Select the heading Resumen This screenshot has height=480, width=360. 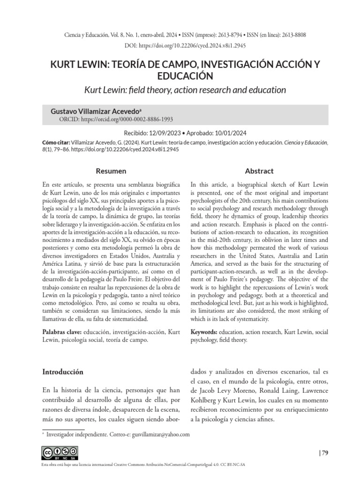click(111, 171)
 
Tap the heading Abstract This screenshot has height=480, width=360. click(259, 171)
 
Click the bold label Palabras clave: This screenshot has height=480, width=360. click(61, 331)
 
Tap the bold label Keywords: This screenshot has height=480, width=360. click(203, 331)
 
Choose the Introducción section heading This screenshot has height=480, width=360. click(63, 372)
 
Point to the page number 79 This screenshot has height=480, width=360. click(324, 453)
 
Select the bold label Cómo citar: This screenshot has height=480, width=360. click(56, 142)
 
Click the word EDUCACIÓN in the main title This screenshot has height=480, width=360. click(180, 75)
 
